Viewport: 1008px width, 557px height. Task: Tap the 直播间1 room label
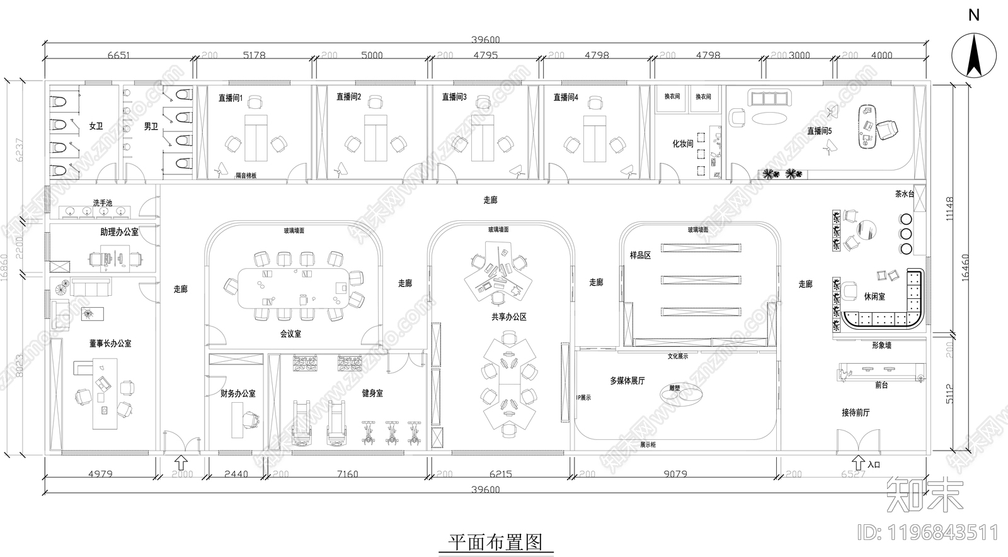tap(231, 98)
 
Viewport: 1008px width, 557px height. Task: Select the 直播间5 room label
tap(820, 131)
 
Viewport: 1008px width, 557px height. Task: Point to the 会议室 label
tap(290, 334)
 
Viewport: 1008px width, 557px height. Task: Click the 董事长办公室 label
tap(110, 344)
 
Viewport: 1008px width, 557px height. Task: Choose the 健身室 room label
tap(372, 393)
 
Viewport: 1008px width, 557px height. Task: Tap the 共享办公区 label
tap(509, 317)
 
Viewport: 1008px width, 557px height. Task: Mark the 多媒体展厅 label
tap(627, 381)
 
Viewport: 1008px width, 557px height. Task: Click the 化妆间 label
tap(682, 143)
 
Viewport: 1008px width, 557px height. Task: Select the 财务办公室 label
tap(238, 393)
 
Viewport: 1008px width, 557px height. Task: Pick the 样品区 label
tap(640, 256)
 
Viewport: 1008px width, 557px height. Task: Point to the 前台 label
tap(881, 385)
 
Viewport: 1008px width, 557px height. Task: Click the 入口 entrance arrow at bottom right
tap(858, 463)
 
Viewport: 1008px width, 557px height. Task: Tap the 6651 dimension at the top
tap(118, 55)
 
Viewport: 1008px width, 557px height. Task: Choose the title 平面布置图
tap(495, 542)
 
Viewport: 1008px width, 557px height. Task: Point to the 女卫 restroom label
tap(96, 127)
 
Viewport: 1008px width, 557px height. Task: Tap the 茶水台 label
tap(904, 194)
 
